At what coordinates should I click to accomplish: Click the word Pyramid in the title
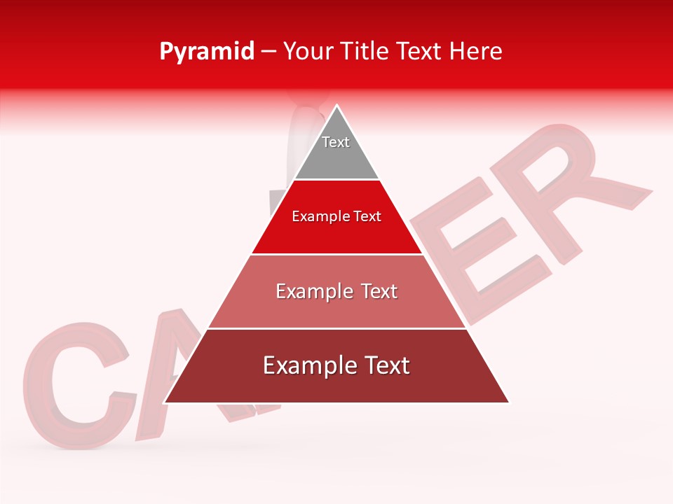tap(206, 52)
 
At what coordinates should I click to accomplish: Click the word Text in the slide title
tap(420, 52)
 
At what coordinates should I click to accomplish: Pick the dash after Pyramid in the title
tap(268, 52)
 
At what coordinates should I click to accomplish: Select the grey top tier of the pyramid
tap(336, 157)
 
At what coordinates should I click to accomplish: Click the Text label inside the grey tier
tap(336, 142)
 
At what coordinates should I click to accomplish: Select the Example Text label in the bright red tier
tap(336, 216)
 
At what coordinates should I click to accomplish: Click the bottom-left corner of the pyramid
tap(165, 402)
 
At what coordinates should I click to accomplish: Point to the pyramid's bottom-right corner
tap(509, 402)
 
